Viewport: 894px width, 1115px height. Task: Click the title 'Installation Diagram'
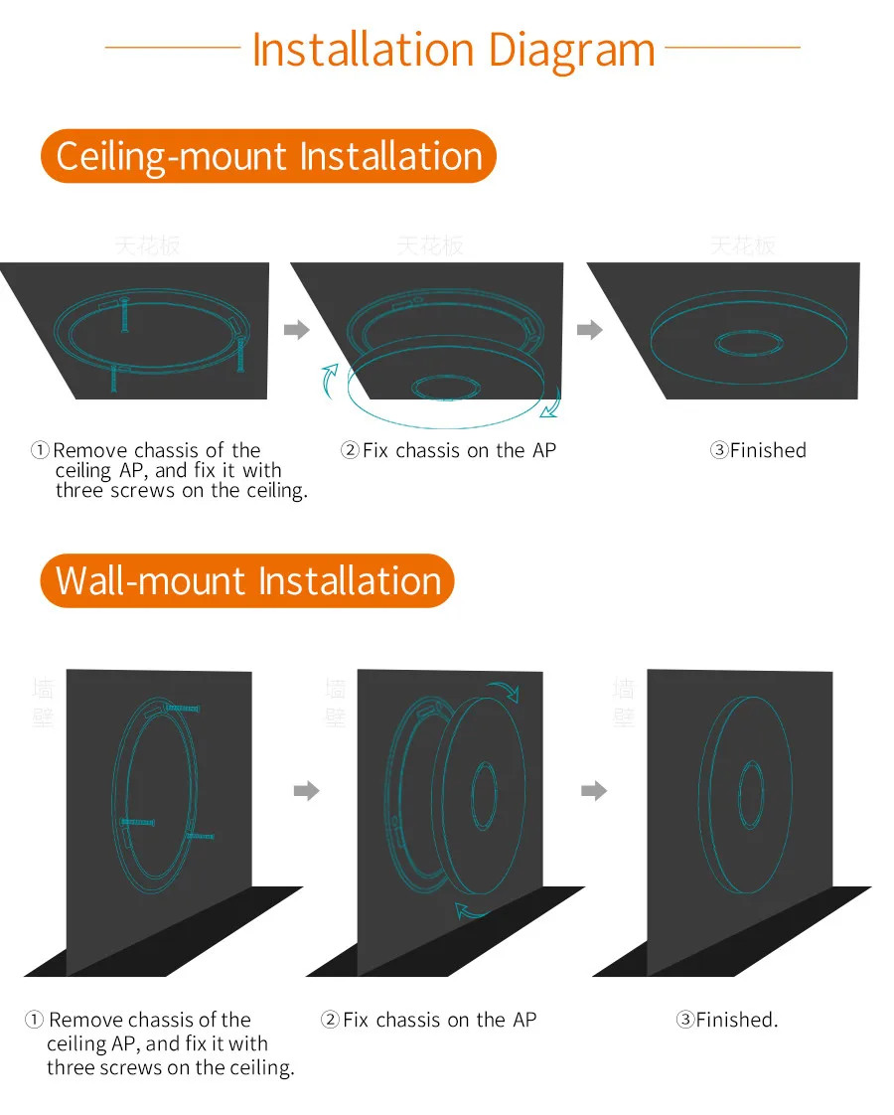tap(453, 50)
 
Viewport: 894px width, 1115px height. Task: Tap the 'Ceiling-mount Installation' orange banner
tap(268, 157)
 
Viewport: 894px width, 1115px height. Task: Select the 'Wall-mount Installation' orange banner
tap(247, 581)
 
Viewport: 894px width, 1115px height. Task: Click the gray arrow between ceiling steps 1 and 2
tap(297, 330)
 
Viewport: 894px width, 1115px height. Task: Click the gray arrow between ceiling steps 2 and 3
tap(590, 330)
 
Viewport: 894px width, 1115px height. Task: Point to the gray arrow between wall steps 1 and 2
tap(307, 790)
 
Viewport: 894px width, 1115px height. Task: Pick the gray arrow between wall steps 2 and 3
tap(593, 790)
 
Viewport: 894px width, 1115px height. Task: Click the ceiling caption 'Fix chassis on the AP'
tap(448, 450)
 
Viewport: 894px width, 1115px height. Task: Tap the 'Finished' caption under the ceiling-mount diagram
tap(758, 450)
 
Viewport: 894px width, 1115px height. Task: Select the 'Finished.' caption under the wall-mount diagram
tap(727, 1020)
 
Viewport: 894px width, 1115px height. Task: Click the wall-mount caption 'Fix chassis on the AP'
tap(428, 1020)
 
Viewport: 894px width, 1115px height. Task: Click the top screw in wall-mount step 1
tap(182, 708)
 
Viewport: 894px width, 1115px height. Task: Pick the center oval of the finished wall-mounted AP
tap(751, 792)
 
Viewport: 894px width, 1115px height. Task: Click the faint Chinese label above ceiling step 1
tap(148, 244)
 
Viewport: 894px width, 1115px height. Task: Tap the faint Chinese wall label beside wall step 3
tap(624, 703)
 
